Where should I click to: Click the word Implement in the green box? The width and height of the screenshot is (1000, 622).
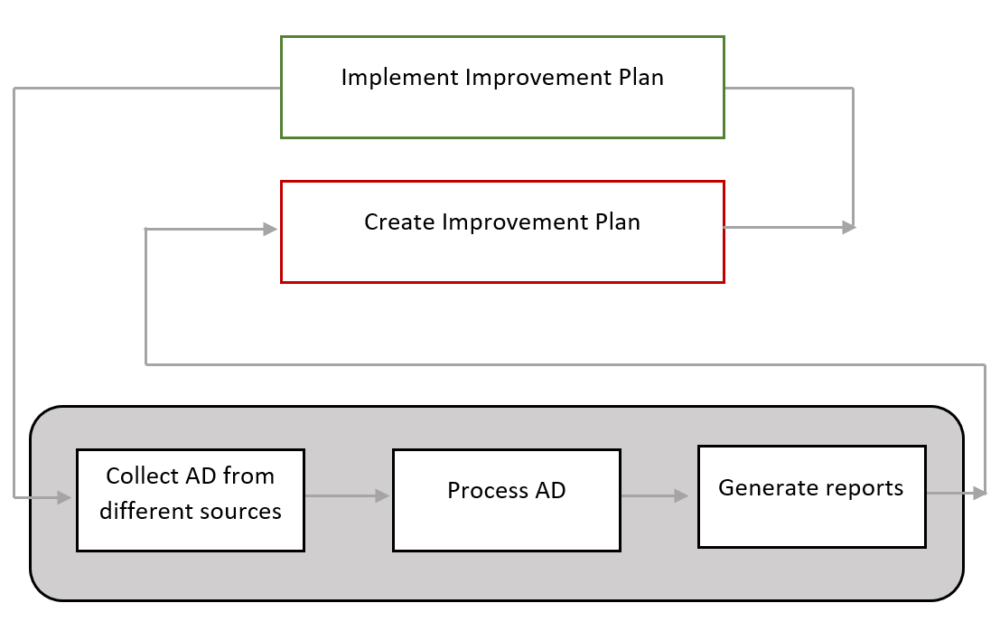pos(400,78)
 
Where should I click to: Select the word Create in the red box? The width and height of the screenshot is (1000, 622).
pos(399,222)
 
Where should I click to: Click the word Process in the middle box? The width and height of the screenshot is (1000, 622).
pos(487,491)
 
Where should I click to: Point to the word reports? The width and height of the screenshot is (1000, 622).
pos(857,489)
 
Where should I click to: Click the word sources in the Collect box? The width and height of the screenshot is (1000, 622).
pos(241,512)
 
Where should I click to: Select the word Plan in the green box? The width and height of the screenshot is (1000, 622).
pos(641,77)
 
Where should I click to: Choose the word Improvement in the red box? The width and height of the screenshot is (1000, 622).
pos(515,222)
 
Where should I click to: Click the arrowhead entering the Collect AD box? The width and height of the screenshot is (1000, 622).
pos(64,497)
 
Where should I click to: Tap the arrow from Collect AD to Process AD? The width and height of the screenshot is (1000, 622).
pos(347,495)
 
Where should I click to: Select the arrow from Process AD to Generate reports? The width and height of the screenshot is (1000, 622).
pos(654,495)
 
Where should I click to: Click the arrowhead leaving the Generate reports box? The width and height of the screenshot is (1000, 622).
pos(979,493)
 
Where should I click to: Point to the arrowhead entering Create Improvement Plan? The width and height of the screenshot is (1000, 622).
pos(270,229)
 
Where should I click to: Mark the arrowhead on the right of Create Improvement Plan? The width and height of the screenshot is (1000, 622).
pos(849,227)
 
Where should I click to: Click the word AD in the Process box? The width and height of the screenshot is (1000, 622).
pos(550,491)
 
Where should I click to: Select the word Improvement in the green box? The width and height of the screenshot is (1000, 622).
pos(539,78)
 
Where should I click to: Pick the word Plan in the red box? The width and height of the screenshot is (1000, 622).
pos(617,222)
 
